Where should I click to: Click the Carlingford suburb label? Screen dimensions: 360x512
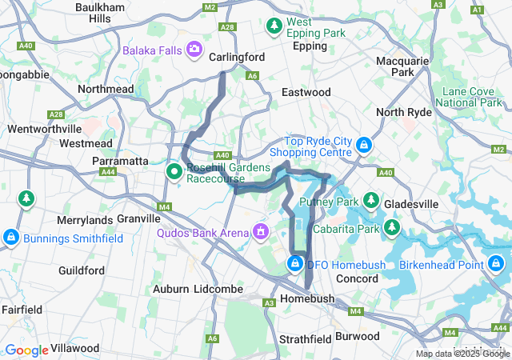236,58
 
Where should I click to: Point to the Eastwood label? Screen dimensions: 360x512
306,93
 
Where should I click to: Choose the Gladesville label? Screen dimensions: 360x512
411,205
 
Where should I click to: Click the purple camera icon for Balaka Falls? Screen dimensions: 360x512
194,50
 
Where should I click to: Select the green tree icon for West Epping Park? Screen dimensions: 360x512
274,26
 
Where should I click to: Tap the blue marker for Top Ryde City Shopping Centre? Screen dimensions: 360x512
363,145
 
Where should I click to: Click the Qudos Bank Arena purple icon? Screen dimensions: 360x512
260,232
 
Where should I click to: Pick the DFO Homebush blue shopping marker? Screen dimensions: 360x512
295,263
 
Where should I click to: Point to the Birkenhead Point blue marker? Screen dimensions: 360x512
496,262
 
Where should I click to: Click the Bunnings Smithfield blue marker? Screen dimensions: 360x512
11,238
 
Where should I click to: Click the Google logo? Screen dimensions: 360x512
26,350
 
